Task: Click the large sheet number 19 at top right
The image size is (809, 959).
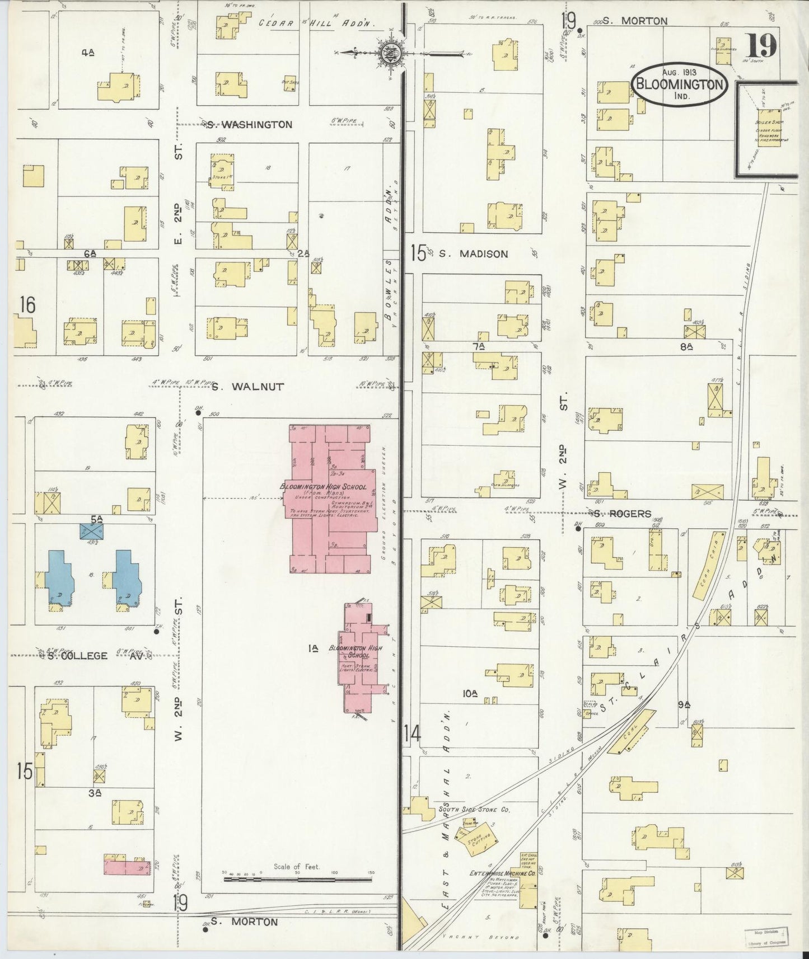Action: pyautogui.click(x=762, y=46)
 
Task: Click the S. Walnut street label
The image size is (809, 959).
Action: pyautogui.click(x=248, y=386)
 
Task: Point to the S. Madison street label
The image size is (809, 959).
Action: pyautogui.click(x=473, y=253)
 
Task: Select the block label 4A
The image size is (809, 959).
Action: pyautogui.click(x=87, y=53)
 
